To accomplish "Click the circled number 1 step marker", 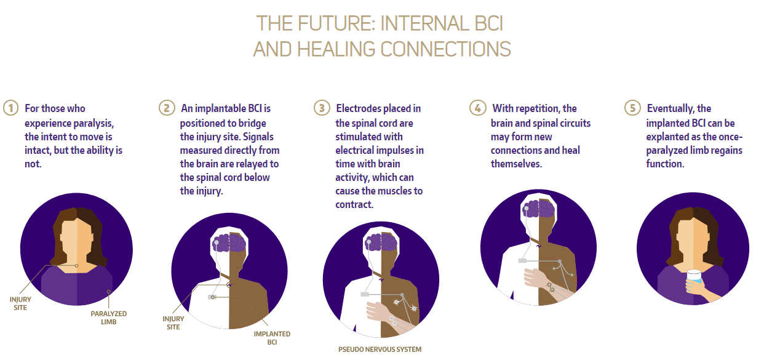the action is [x=11, y=108].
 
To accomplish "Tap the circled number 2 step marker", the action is [x=167, y=108].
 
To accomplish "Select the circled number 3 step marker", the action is [x=322, y=108].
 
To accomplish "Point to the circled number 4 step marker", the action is [x=477, y=108].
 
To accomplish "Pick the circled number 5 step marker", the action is [x=633, y=108].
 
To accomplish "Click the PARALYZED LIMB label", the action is [x=108, y=318].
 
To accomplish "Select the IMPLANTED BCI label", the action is [x=272, y=338].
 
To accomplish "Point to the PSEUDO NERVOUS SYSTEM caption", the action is [x=380, y=350].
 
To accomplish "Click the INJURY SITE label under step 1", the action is [x=20, y=303].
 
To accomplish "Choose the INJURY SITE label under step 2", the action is [x=173, y=323].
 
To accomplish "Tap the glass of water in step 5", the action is [x=694, y=278].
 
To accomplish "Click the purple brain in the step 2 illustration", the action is [x=229, y=243].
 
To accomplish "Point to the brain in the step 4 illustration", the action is [x=539, y=208].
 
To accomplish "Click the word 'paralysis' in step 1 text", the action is [x=92, y=123].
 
